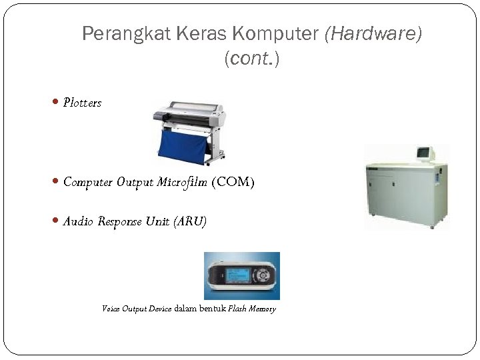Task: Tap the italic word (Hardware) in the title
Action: [x=373, y=34]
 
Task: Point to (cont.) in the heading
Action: [x=252, y=59]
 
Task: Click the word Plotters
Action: [x=82, y=103]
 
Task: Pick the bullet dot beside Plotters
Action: [x=55, y=102]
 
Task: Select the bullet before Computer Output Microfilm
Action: [x=55, y=181]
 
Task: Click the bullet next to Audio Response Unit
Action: [x=55, y=221]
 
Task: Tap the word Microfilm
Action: [x=182, y=182]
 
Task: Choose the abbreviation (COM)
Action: [x=233, y=182]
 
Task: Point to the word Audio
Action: [x=79, y=221]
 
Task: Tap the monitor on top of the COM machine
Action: [x=425, y=153]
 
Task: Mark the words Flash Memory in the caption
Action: [x=252, y=309]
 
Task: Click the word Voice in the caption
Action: [x=110, y=309]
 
